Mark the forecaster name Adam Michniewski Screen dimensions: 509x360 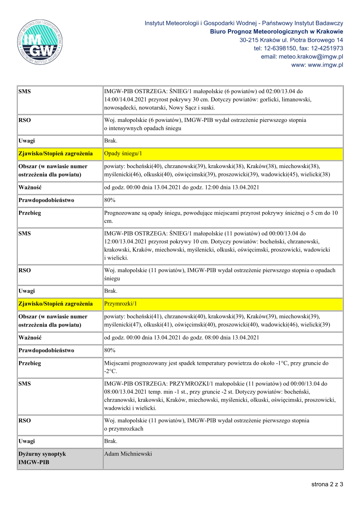(128, 454)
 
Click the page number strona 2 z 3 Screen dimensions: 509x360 (327, 484)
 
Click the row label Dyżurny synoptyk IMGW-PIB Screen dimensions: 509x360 (42, 458)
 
